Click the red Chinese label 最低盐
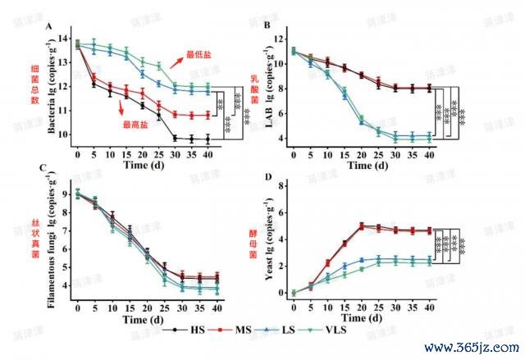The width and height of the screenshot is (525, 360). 200,54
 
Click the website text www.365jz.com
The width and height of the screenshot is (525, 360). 469,347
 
